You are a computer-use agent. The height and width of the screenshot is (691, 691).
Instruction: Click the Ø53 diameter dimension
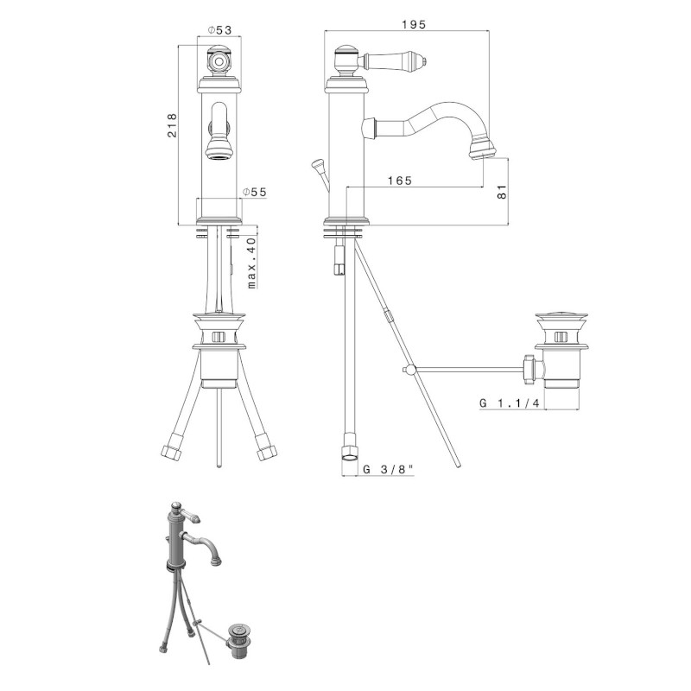[219, 29]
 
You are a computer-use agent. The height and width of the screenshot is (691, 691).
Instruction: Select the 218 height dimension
[172, 125]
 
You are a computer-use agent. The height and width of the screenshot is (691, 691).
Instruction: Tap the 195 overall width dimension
[414, 24]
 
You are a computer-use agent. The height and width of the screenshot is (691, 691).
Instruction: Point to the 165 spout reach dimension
[400, 181]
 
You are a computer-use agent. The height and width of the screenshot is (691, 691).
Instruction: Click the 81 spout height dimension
[502, 191]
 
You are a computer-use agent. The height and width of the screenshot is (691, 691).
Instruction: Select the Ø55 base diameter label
[255, 192]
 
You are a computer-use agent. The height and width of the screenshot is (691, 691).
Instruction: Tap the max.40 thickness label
[251, 263]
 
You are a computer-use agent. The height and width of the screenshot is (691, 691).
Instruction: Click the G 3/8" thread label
[388, 469]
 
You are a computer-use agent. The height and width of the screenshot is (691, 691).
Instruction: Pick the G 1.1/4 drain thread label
[510, 403]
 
